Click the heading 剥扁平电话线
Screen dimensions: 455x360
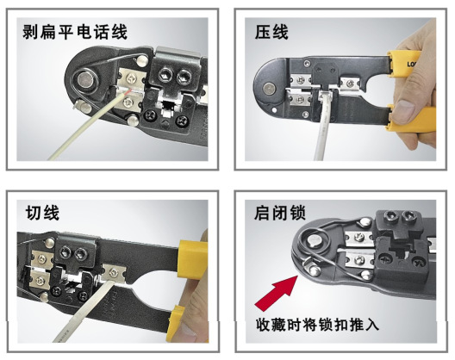(75, 32)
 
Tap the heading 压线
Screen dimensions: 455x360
(271, 32)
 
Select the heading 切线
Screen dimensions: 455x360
(42, 213)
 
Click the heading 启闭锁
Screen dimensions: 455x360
(280, 213)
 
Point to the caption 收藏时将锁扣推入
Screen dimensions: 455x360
(317, 324)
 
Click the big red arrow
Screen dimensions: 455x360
(276, 294)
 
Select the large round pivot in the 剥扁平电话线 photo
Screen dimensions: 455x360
(85, 78)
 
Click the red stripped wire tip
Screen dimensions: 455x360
(127, 92)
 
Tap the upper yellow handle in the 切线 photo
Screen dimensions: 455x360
(193, 258)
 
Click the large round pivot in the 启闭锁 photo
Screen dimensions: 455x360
(315, 241)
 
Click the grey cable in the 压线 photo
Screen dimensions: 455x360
(322, 125)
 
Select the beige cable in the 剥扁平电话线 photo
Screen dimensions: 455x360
(87, 126)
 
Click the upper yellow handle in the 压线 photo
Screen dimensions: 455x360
(404, 64)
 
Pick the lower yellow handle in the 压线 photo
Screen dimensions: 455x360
(410, 118)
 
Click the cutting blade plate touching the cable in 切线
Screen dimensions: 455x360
(114, 273)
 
